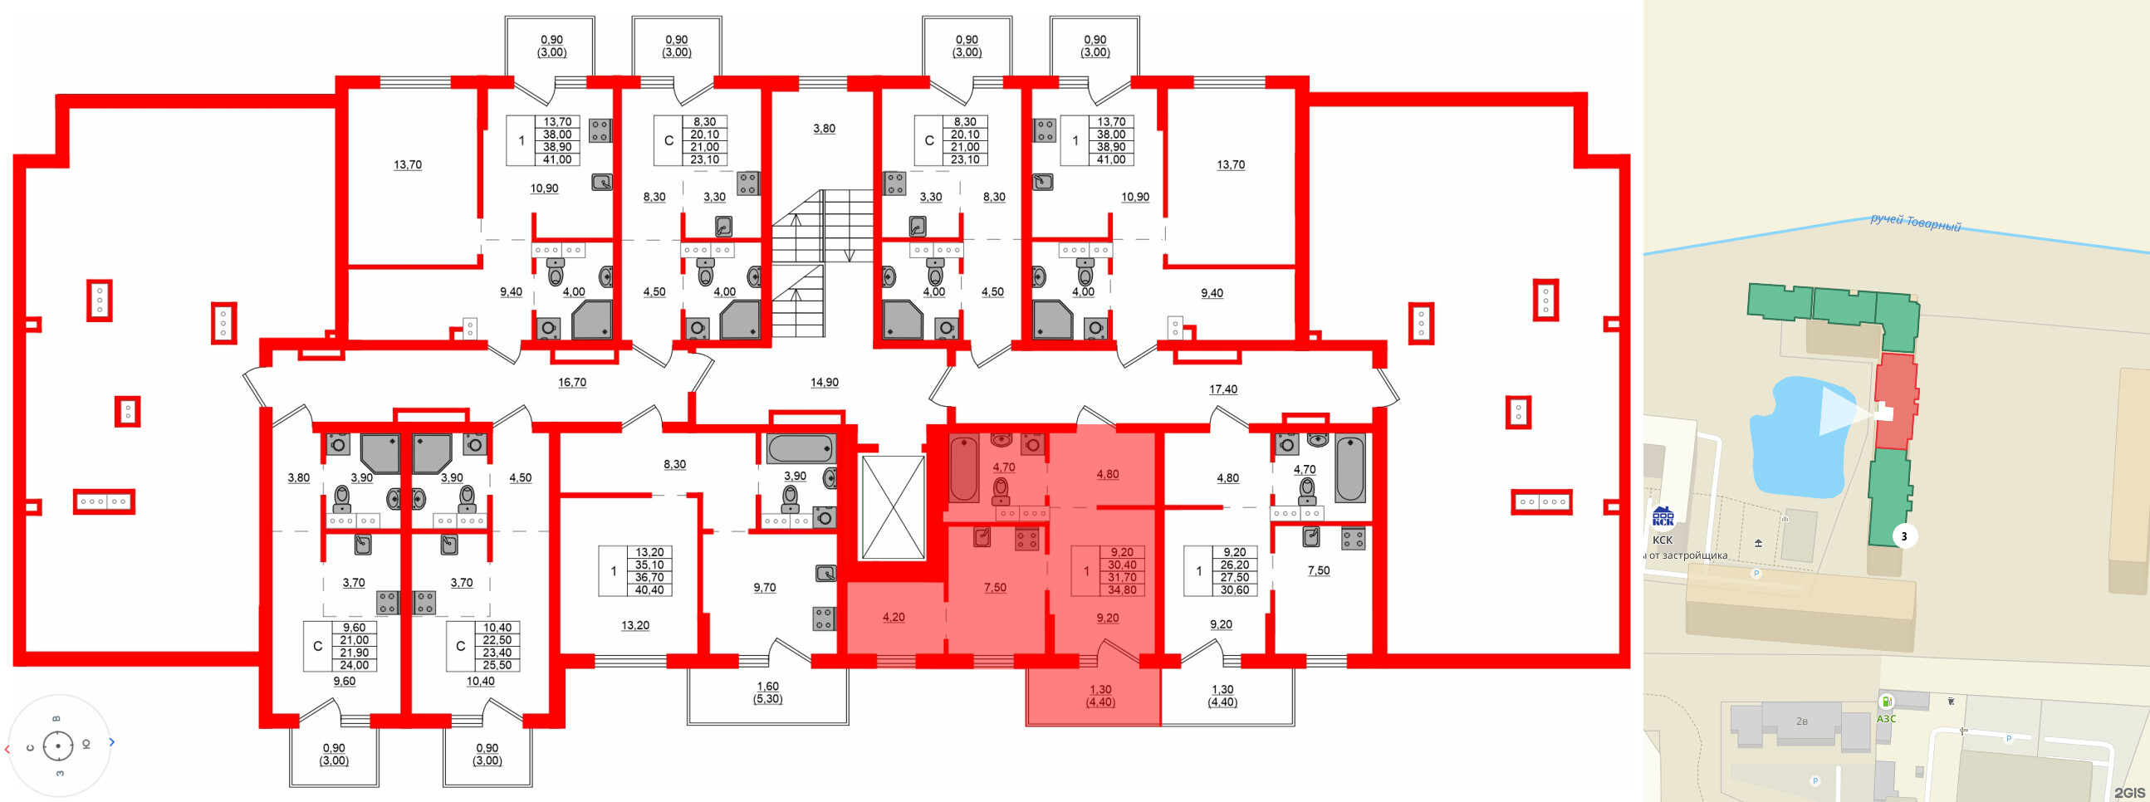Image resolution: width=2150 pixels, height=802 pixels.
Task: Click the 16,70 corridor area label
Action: pyautogui.click(x=571, y=382)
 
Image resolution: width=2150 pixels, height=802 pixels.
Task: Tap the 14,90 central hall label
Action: pyautogui.click(x=824, y=382)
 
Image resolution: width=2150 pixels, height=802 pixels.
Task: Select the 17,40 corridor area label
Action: pyautogui.click(x=1222, y=389)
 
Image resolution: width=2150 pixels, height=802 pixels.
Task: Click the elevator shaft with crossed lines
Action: pyautogui.click(x=893, y=506)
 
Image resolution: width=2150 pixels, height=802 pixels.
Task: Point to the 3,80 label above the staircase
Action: pyautogui.click(x=824, y=129)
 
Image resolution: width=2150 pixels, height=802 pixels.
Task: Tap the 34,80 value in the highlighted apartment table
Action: pyautogui.click(x=1122, y=590)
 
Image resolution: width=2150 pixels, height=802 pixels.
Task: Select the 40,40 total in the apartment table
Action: pyautogui.click(x=649, y=590)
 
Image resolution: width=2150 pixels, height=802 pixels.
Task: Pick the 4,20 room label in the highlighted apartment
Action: pyautogui.click(x=893, y=618)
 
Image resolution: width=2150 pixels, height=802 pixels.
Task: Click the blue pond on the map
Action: pyautogui.click(x=1795, y=443)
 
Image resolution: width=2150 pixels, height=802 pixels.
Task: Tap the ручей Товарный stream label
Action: pyautogui.click(x=1915, y=223)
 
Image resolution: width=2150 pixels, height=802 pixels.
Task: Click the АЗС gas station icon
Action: pyautogui.click(x=1886, y=702)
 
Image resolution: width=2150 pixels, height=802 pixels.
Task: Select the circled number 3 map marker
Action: pyautogui.click(x=1904, y=536)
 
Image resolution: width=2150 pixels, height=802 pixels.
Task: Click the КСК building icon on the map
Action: pyautogui.click(x=1663, y=518)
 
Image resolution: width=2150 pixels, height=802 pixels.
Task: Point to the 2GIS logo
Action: pyautogui.click(x=2129, y=792)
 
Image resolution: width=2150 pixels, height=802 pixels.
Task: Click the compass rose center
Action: pyautogui.click(x=57, y=746)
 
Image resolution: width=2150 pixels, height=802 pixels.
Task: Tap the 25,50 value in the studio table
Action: pyautogui.click(x=497, y=665)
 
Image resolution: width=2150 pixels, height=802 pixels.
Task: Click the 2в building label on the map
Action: pyautogui.click(x=1802, y=721)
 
